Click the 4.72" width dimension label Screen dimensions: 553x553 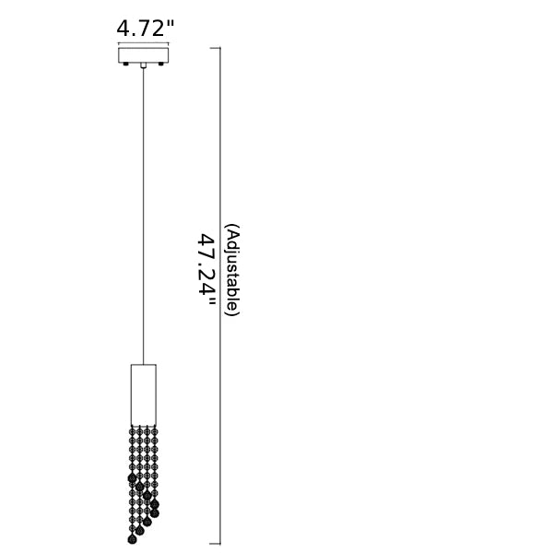tap(146, 29)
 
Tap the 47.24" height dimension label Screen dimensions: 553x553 tap(206, 270)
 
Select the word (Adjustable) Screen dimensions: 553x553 tap(233, 270)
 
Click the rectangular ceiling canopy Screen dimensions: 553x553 tap(143, 55)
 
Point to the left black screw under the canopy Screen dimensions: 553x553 tap(125, 65)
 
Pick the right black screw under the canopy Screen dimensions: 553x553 tap(161, 65)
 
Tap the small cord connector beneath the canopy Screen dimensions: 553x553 tap(143, 65)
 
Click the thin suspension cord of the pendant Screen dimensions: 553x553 tap(143, 216)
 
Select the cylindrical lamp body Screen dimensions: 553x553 tap(144, 394)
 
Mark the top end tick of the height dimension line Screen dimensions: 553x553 tap(216, 48)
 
